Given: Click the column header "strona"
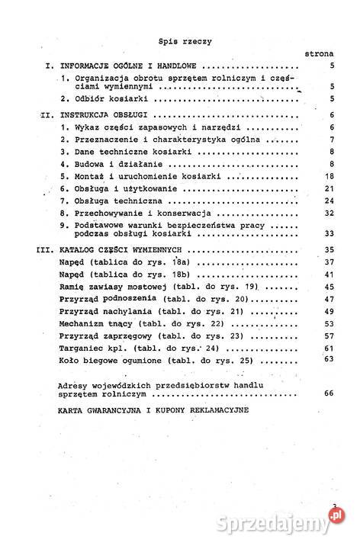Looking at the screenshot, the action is tap(318, 55).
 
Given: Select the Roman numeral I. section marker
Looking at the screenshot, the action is tap(48, 67).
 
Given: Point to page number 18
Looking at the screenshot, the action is tap(329, 175).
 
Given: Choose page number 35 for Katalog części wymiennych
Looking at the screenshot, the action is tap(329, 249).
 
